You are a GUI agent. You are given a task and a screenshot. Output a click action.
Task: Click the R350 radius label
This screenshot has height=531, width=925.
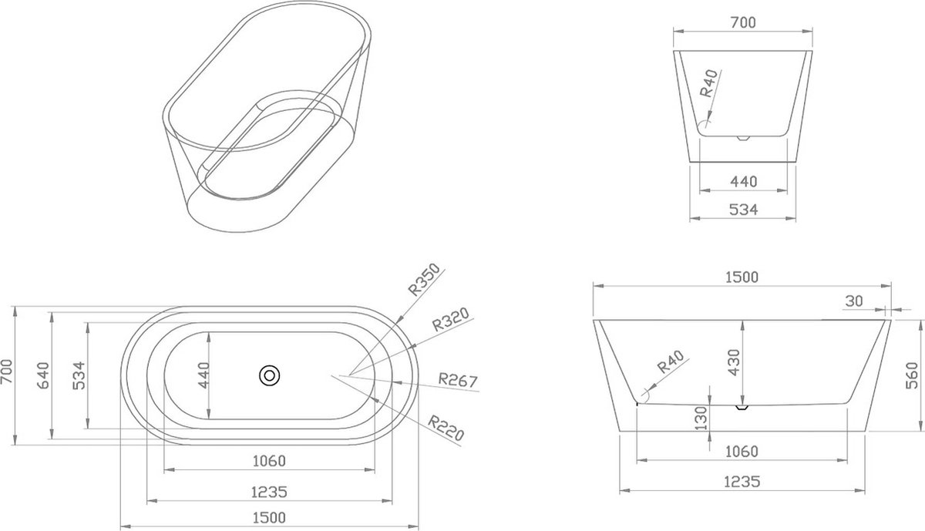point(424,280)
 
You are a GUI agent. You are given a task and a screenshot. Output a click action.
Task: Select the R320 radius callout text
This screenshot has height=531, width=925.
point(450,319)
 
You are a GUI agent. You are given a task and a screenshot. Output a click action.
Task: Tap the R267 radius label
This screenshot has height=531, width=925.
point(458,380)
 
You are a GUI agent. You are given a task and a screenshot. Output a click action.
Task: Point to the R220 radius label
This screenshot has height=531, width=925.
point(446,428)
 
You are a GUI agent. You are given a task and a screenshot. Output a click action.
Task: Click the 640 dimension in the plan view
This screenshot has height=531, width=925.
point(43,375)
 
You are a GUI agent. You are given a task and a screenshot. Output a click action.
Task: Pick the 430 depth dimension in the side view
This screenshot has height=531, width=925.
point(734,362)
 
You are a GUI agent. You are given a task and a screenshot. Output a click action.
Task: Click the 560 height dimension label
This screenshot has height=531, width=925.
point(912,375)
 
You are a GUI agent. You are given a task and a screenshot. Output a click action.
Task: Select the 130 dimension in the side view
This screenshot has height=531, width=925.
point(701,418)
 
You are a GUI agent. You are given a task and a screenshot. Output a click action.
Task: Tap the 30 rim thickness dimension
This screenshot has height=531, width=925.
point(854,301)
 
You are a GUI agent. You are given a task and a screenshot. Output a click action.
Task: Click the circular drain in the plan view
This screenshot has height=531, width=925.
point(269,376)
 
